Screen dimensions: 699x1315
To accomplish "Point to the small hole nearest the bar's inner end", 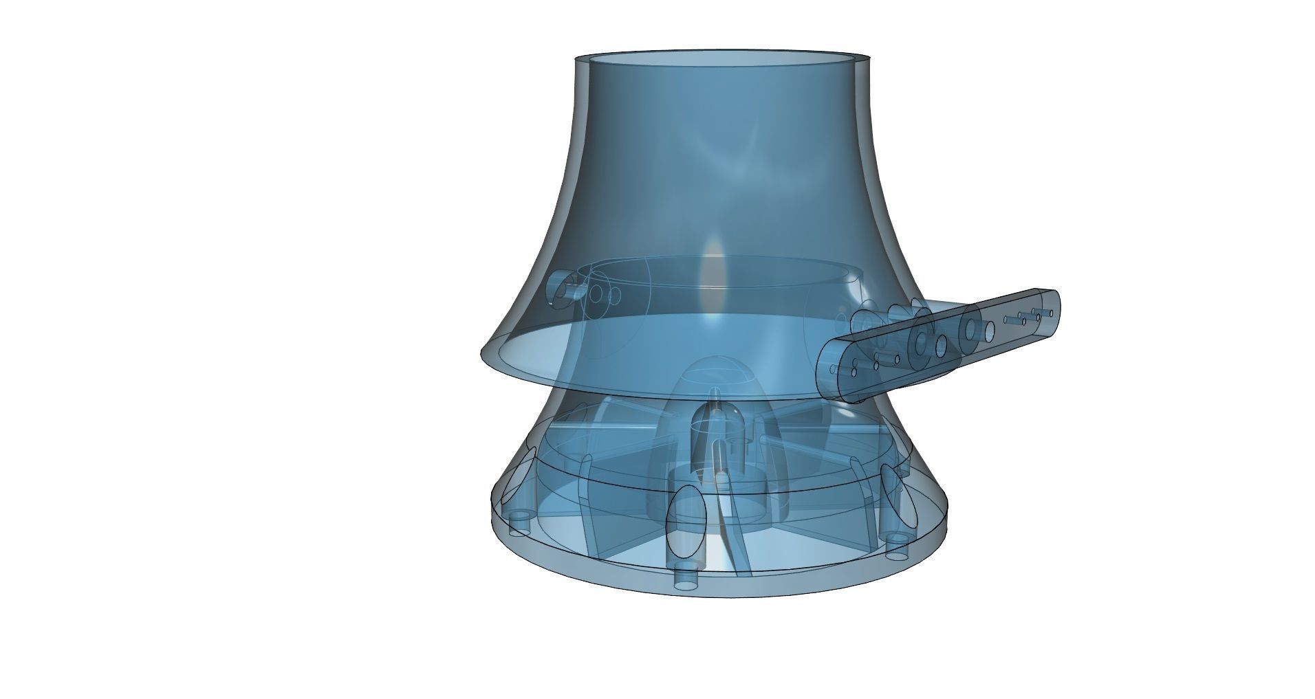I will (x=854, y=372).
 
